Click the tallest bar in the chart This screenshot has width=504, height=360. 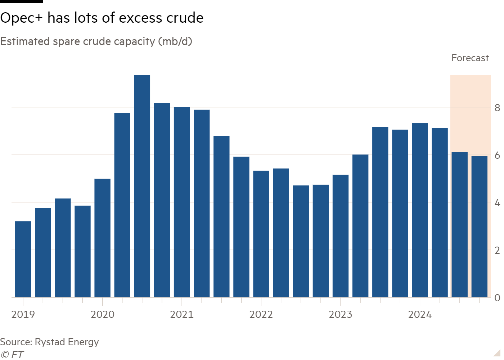pyautogui.click(x=142, y=186)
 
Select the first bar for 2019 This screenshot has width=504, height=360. pyautogui.click(x=23, y=259)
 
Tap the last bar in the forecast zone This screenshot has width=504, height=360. pyautogui.click(x=479, y=226)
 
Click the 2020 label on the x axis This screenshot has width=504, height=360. pyautogui.click(x=103, y=315)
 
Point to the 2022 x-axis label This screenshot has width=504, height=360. pyautogui.click(x=261, y=315)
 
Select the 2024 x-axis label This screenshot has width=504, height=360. pyautogui.click(x=420, y=315)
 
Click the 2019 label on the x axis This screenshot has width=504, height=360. pyautogui.click(x=23, y=315)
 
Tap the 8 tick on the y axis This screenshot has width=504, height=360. pyautogui.click(x=497, y=108)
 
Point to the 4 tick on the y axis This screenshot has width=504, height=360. pyautogui.click(x=497, y=203)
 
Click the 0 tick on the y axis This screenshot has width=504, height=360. pyautogui.click(x=497, y=298)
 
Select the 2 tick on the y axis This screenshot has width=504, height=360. pyautogui.click(x=497, y=250)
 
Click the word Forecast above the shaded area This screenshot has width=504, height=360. pyautogui.click(x=470, y=58)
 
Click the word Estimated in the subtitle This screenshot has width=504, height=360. pyautogui.click(x=25, y=41)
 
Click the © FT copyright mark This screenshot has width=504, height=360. pyautogui.click(x=12, y=355)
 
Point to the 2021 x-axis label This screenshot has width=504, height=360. pyautogui.click(x=182, y=315)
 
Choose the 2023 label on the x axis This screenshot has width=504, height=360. pyautogui.click(x=341, y=315)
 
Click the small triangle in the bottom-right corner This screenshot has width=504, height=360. pyautogui.click(x=497, y=352)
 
